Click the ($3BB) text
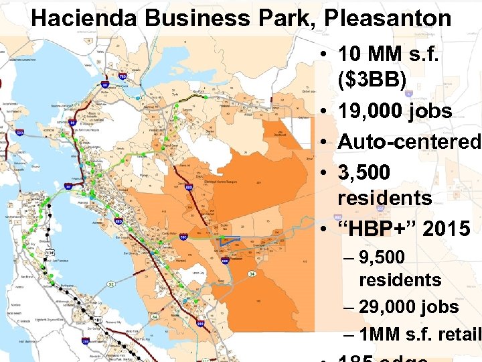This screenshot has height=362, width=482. click(372, 80)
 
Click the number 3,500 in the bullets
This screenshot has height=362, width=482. click(364, 172)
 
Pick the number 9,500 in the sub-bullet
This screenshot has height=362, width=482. click(381, 257)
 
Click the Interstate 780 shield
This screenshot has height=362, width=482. click(122, 76)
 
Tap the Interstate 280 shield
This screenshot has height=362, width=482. click(85, 341)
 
